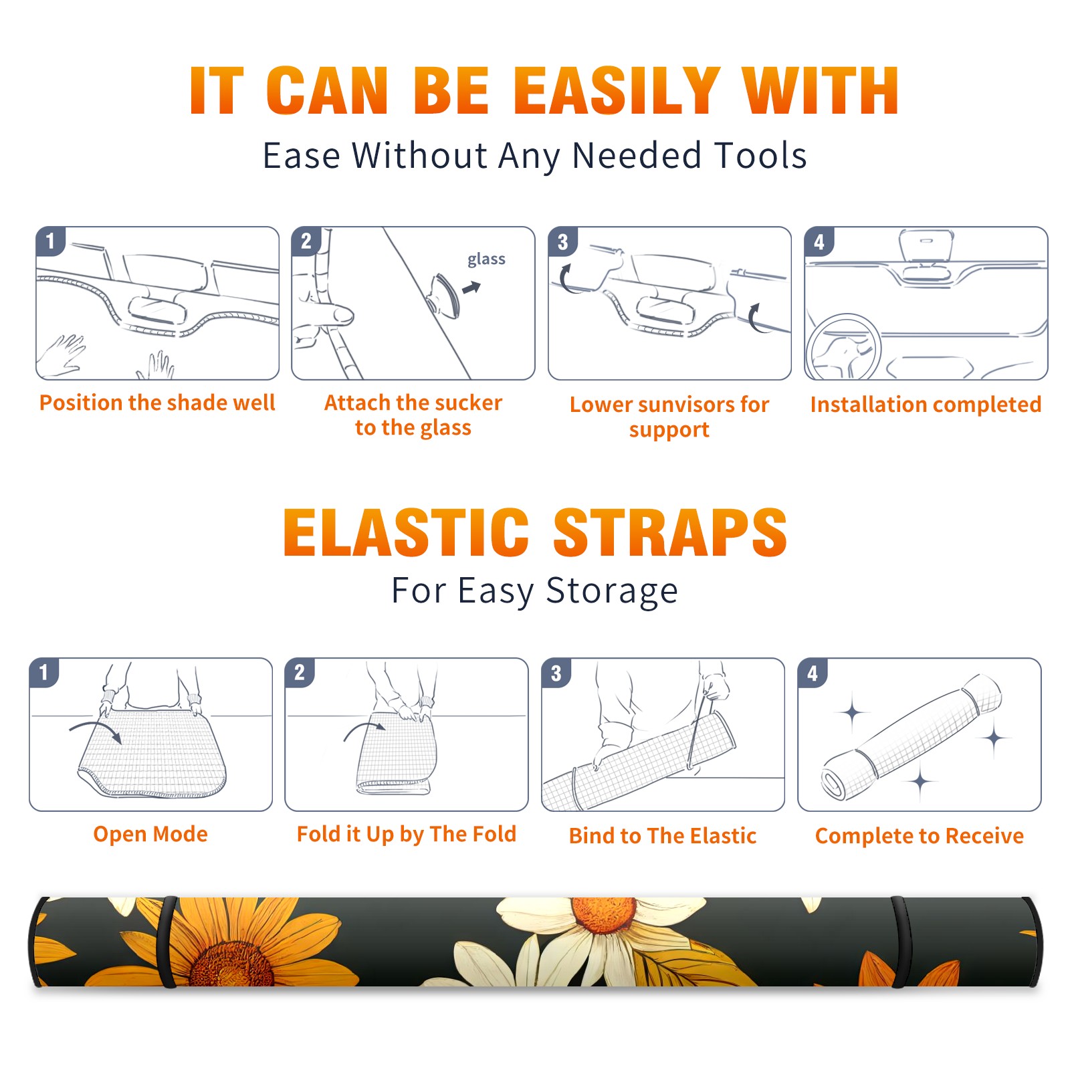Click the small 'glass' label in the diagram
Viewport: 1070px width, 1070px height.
coord(486,259)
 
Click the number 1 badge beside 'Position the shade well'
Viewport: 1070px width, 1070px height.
coord(50,240)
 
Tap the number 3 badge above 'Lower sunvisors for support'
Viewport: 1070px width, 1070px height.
coord(562,241)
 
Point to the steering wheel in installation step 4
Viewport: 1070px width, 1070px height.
coord(843,347)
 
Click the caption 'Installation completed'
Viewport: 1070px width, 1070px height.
coord(926,404)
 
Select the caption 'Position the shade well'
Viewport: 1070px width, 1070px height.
coord(157,403)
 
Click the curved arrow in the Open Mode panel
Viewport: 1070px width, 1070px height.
coord(96,730)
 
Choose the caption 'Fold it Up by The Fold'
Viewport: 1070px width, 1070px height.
coord(407,835)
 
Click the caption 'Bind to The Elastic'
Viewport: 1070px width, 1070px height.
coord(663,836)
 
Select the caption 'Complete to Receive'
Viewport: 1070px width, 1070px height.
coord(920,836)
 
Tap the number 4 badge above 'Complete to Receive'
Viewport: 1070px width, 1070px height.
coord(813,673)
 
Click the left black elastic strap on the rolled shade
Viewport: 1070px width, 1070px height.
coord(169,942)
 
